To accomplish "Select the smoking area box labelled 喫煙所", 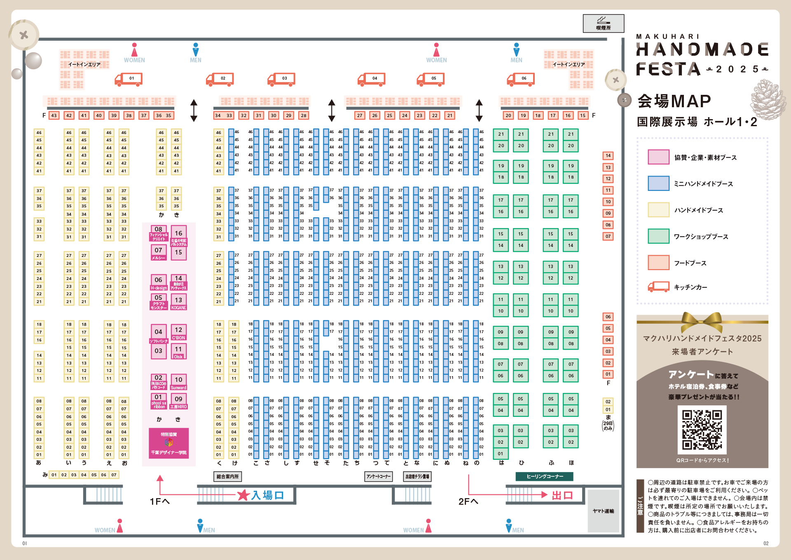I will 603,24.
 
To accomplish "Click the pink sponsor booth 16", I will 178,233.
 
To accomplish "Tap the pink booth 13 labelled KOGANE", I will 178,301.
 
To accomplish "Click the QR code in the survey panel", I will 702,429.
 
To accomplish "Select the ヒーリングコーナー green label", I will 545,476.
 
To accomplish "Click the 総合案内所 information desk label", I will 227,476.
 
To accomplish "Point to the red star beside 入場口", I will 243,495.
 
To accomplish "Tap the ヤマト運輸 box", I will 603,511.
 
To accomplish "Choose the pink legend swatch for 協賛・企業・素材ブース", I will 658,157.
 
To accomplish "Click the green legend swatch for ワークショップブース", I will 658,236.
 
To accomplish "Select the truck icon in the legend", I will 658,287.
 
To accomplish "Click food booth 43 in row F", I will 54,115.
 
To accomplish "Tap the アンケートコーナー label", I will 378,476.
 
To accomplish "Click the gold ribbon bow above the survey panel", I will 702,321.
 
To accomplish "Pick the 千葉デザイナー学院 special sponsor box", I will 168,443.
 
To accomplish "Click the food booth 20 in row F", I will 508,115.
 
